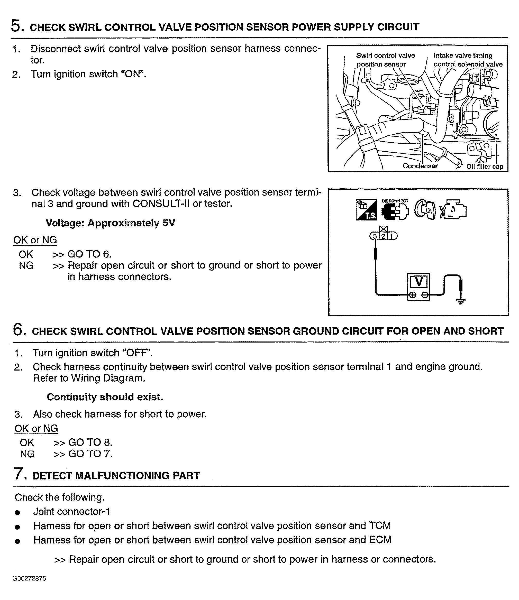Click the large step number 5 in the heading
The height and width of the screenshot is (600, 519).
16,26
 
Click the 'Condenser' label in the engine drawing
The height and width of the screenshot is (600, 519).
420,166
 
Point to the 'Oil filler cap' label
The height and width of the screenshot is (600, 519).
485,167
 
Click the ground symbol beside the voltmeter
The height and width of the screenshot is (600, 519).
461,301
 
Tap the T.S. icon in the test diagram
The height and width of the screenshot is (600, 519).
366,210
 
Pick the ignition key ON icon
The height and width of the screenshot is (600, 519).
425,210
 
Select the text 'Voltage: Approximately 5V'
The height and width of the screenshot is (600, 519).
110,223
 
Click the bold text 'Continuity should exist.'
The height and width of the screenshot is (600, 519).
105,397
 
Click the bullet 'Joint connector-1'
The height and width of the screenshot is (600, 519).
71,511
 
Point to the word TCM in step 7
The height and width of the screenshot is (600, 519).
380,525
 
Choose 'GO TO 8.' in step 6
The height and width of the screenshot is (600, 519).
90,442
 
